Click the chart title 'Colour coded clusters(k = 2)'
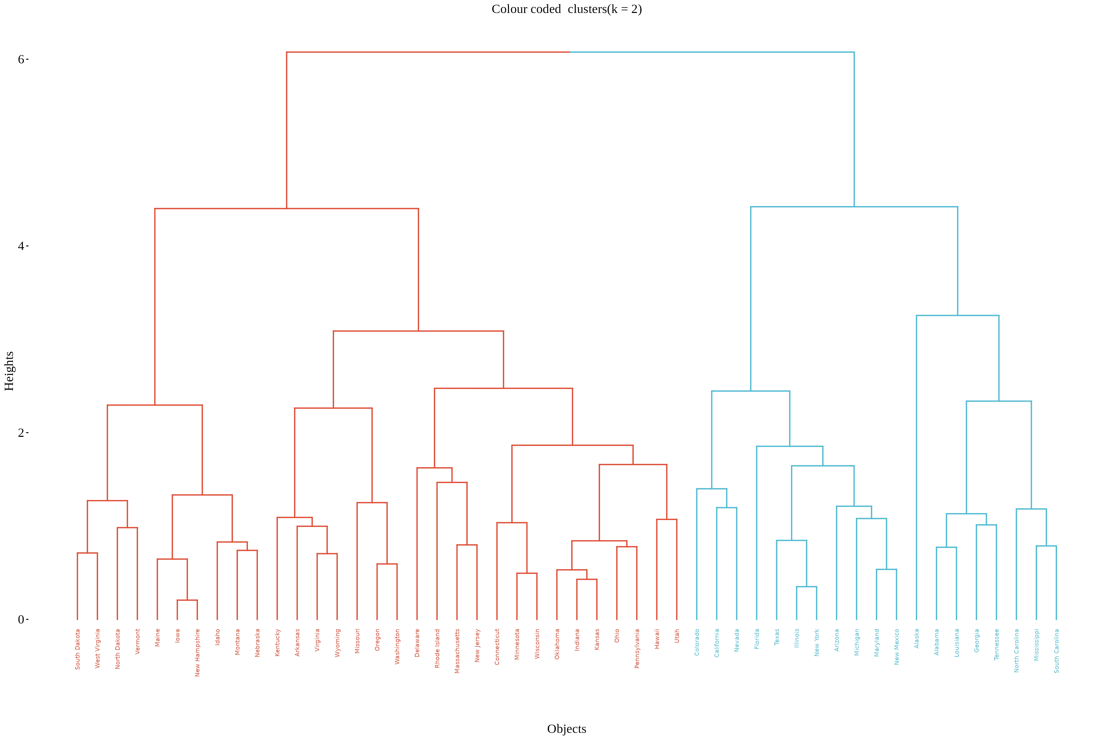click(x=566, y=9)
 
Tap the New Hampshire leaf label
click(x=197, y=652)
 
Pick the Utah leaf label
click(x=677, y=636)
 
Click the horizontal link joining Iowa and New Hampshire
click(x=187, y=600)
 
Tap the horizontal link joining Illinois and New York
click(x=807, y=587)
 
